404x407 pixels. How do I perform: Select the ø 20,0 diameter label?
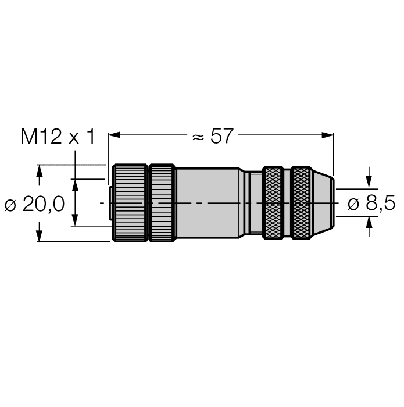click(36, 203)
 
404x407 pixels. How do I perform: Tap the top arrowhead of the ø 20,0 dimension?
click(39, 170)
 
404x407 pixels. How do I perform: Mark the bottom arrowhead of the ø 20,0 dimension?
click(39, 236)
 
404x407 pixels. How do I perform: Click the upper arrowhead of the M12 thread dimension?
click(74, 184)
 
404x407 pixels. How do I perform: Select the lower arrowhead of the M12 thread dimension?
click(74, 222)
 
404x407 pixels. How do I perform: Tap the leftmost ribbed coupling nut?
click(130, 203)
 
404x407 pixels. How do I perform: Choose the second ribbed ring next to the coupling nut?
click(162, 203)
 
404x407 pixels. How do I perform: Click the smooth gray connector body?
click(208, 203)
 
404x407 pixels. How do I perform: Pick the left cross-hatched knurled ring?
click(273, 203)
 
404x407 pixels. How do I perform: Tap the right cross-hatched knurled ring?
click(301, 203)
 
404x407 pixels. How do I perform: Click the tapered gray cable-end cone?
click(324, 203)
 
